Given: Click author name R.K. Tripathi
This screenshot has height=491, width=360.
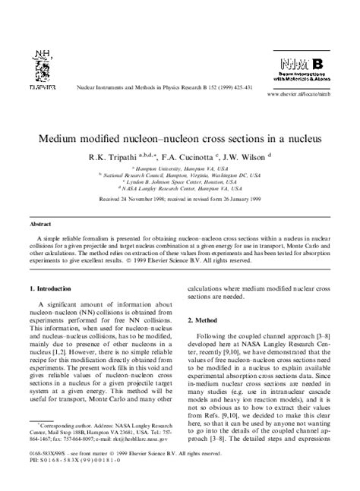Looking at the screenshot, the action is (125, 157).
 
